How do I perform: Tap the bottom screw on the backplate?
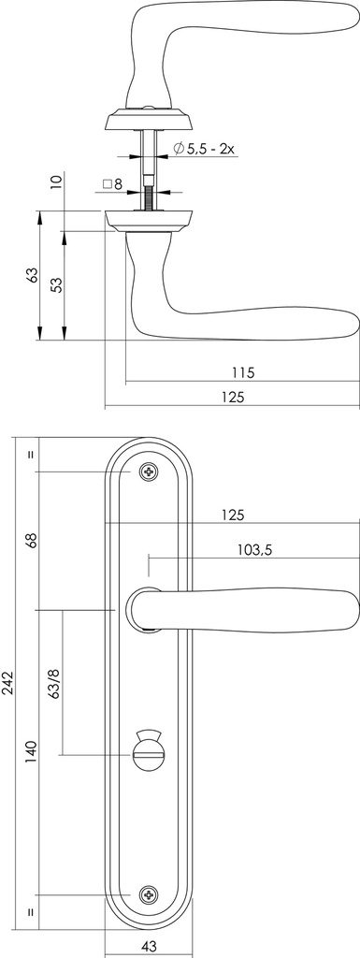coord(149,894)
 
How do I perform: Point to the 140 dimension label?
coord(31,752)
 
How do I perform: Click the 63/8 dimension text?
coord(54,683)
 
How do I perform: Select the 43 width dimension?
coord(149,947)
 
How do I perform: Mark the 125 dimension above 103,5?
coord(234,514)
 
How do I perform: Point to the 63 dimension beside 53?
coord(32,276)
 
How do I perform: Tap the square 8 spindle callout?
coord(111,184)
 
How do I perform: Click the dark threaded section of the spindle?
coord(149,197)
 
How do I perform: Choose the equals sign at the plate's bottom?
coord(31,911)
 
